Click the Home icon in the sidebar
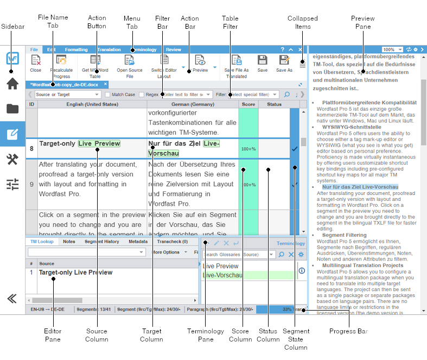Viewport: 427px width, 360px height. [12, 84]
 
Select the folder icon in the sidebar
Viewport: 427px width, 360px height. [12, 109]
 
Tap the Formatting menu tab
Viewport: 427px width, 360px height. [76, 49]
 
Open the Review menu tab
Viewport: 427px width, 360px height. [174, 49]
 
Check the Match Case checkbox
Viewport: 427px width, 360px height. [108, 94]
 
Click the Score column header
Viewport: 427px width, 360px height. [248, 104]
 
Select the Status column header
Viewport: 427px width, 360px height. [274, 104]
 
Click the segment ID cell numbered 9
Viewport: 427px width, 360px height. [31, 185]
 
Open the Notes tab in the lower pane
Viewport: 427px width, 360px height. [69, 242]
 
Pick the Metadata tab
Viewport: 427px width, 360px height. [138, 242]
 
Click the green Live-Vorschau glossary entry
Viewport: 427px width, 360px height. [222, 275]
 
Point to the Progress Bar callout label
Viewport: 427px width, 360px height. [348, 331]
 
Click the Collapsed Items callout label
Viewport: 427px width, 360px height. [302, 22]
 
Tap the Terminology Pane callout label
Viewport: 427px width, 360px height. [205, 335]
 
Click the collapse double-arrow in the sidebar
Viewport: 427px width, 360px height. [12, 298]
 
